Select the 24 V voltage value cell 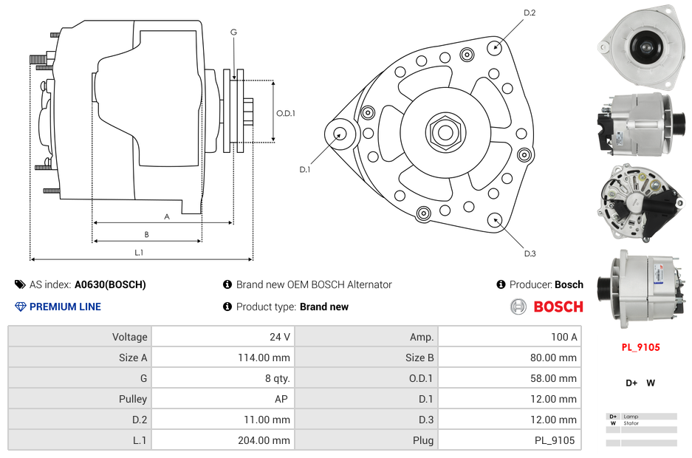(279, 337)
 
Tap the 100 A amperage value (563, 337)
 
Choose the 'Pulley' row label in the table (133, 399)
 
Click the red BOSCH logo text (558, 307)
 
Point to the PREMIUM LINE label (65, 307)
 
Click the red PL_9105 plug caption (640, 347)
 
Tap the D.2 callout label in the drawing (530, 13)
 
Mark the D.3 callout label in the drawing (530, 253)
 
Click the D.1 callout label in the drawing (304, 170)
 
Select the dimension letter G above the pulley (233, 32)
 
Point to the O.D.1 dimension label (286, 113)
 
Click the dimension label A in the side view (167, 216)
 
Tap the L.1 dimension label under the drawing (139, 253)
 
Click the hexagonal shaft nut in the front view (445, 132)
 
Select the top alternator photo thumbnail (638, 43)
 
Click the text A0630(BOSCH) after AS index (110, 284)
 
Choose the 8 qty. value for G (277, 378)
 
